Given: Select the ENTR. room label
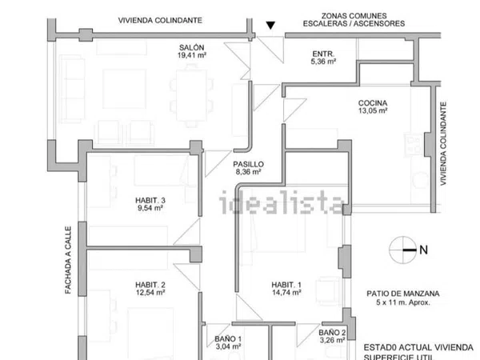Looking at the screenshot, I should (323, 53).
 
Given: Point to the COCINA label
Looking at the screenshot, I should (373, 103).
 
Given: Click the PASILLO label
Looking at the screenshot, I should (249, 162).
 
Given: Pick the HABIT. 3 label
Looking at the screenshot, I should (150, 200).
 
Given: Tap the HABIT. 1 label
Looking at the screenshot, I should (286, 285).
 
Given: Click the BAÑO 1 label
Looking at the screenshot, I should (229, 339).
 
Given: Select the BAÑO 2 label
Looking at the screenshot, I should (332, 333).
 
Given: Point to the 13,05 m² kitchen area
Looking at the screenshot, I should (373, 112).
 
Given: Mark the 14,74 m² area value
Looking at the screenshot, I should (286, 294).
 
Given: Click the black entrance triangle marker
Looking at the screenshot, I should (270, 26).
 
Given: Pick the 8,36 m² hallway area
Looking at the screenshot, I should (249, 171).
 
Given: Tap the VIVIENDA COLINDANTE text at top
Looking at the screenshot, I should (159, 20).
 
